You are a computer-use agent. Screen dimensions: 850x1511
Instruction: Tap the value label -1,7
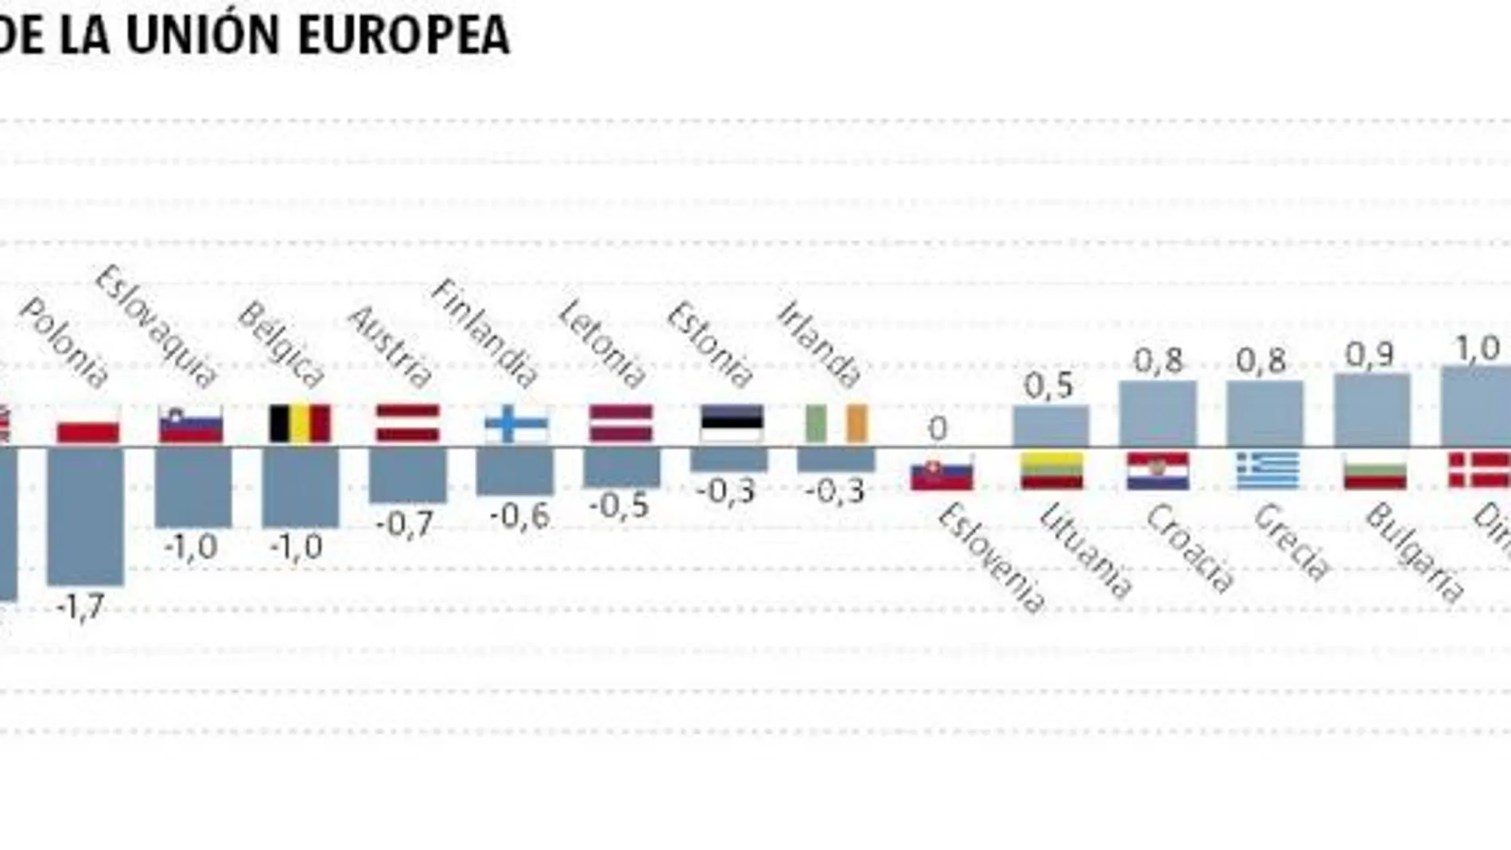[x=80, y=608]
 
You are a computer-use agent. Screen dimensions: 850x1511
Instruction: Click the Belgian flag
[x=300, y=423]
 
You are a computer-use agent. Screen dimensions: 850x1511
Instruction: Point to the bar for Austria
[x=408, y=474]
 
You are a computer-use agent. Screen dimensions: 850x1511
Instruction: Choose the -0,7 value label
[x=405, y=525]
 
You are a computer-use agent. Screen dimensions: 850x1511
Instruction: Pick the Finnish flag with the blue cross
[x=516, y=425]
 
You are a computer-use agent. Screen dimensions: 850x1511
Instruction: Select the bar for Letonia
[x=622, y=467]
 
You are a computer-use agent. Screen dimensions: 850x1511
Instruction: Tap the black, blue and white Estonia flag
[x=732, y=423]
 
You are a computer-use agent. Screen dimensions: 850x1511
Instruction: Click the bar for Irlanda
[x=836, y=459]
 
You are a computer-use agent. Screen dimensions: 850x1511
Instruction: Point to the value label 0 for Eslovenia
[x=938, y=429]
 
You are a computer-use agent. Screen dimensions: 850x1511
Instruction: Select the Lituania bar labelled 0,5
[x=1051, y=426]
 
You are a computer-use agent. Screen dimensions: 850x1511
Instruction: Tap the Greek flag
[x=1268, y=471]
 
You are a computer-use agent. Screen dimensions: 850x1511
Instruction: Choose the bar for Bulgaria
[x=1372, y=410]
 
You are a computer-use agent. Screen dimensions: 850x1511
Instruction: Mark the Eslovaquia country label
[x=156, y=326]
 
